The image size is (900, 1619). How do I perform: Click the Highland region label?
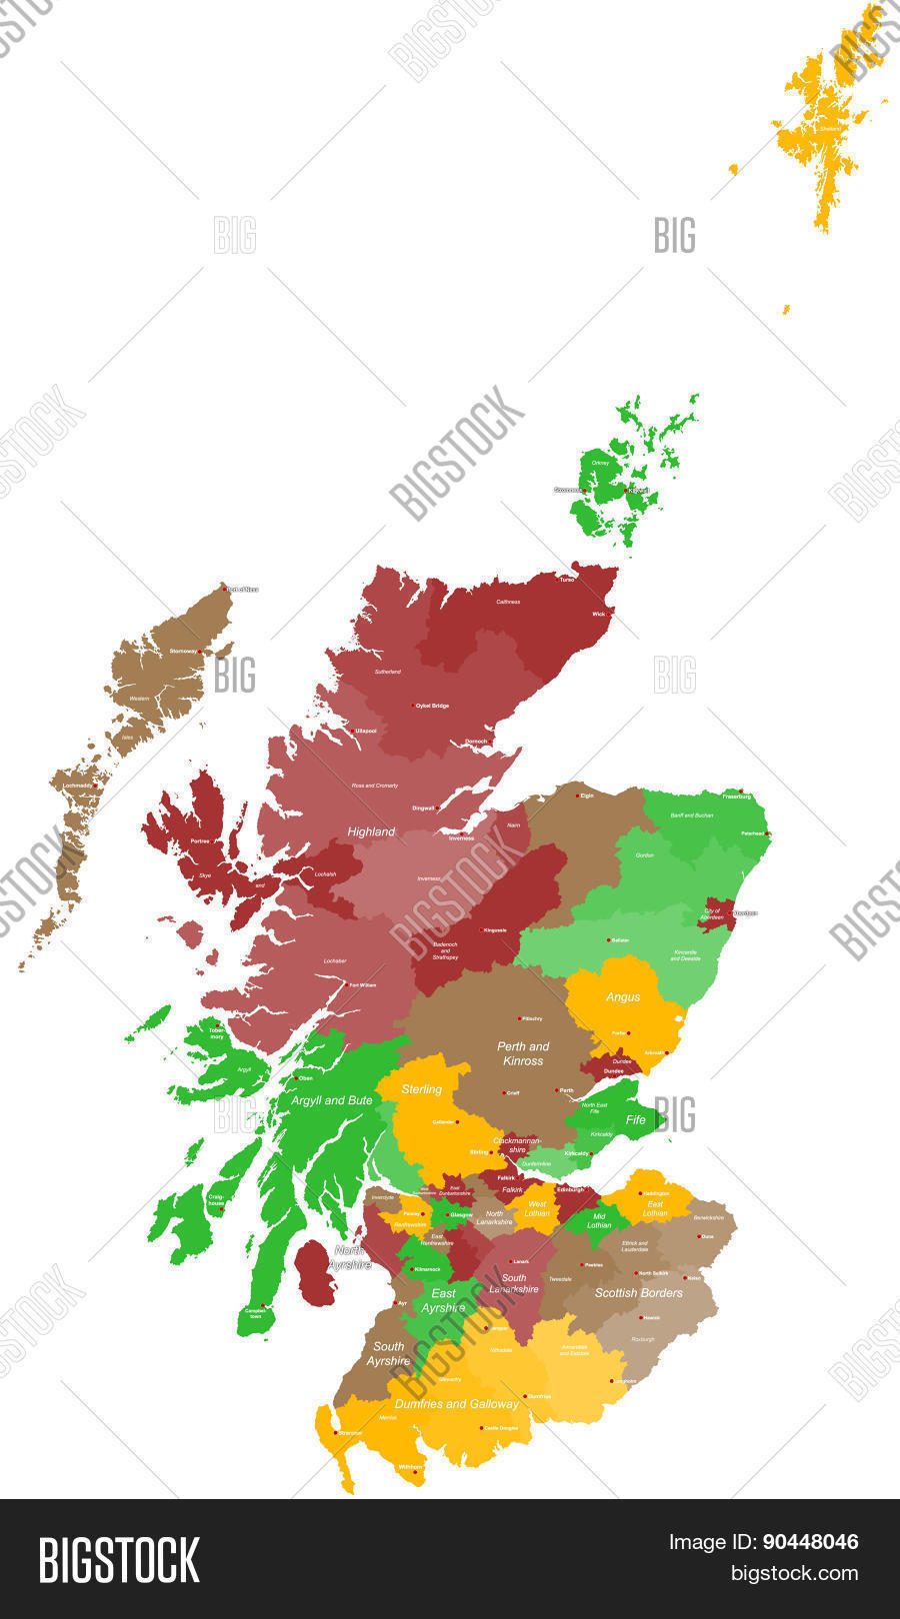pyautogui.click(x=371, y=831)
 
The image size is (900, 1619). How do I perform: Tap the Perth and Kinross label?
pyautogui.click(x=523, y=1053)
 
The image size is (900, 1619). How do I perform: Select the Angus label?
pyautogui.click(x=623, y=996)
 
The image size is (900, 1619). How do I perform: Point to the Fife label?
pyautogui.click(x=636, y=1119)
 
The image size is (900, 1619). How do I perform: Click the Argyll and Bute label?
pyautogui.click(x=332, y=1100)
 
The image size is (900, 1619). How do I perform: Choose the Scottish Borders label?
pyautogui.click(x=638, y=1292)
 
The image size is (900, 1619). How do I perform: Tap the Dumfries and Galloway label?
pyautogui.click(x=457, y=1403)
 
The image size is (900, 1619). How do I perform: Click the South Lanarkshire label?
pyautogui.click(x=514, y=1283)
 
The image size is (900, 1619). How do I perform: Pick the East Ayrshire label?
pyautogui.click(x=443, y=1300)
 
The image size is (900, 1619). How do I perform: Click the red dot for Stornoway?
pyautogui.click(x=201, y=652)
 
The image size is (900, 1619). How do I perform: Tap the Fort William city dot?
pyautogui.click(x=348, y=986)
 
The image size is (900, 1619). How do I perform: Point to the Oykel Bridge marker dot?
pyautogui.click(x=414, y=706)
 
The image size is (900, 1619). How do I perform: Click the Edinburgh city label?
pyautogui.click(x=570, y=1189)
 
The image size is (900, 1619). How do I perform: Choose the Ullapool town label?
pyautogui.click(x=365, y=731)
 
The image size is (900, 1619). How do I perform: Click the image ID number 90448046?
pyautogui.click(x=810, y=1542)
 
